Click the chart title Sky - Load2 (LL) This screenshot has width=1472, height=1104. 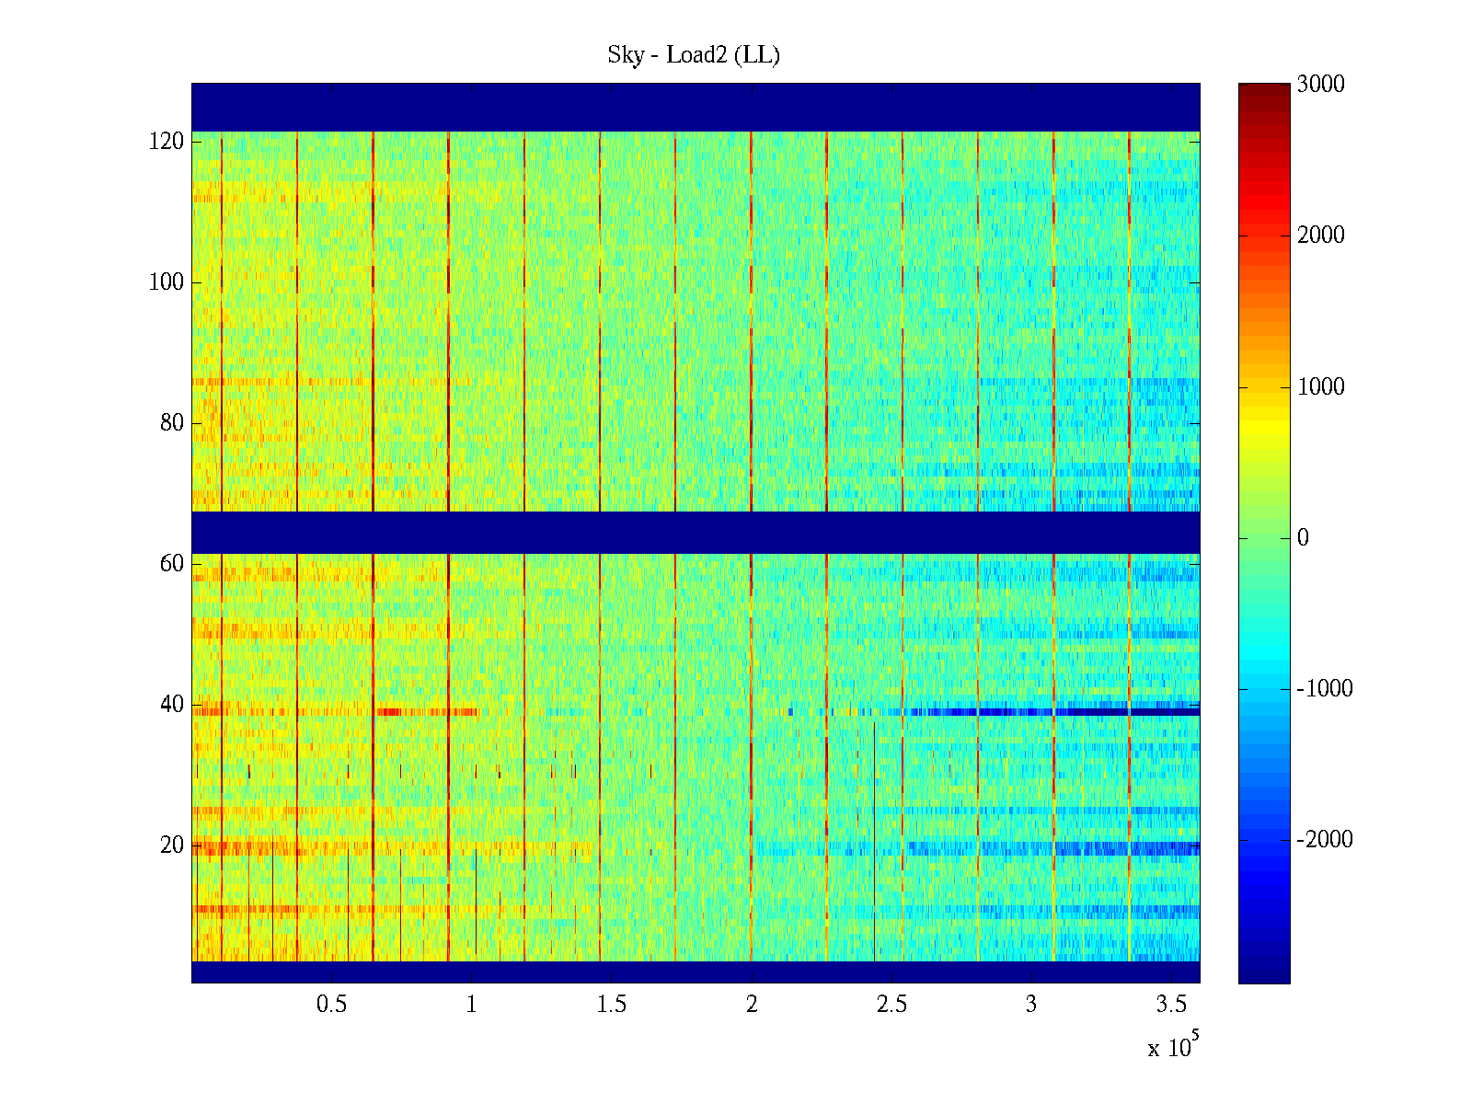pos(694,55)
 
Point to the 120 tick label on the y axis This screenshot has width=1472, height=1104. pos(167,142)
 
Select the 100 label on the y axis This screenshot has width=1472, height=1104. pos(167,282)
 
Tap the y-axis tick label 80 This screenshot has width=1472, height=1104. pos(172,423)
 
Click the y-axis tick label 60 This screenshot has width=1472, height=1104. pos(172,564)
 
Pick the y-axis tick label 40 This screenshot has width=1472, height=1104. pos(172,705)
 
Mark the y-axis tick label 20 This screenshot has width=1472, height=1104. pos(172,845)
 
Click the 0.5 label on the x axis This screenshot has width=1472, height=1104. pos(331,1005)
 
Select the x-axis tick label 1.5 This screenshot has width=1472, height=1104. pos(611,1005)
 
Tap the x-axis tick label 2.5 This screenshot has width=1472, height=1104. pos(891,1005)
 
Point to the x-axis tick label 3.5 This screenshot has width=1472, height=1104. pos(1171,1005)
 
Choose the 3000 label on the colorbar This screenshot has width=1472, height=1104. pos(1320,85)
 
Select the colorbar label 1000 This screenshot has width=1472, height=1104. pos(1320,387)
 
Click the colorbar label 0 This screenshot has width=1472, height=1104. pos(1303,538)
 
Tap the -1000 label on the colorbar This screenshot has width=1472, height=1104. pos(1324,689)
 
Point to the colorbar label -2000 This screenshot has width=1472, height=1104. pos(1324,840)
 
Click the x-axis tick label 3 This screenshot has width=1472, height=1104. pos(1031,1005)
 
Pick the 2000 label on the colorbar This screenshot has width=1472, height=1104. pos(1320,236)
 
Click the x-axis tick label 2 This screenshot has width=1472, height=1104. pos(752,1005)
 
